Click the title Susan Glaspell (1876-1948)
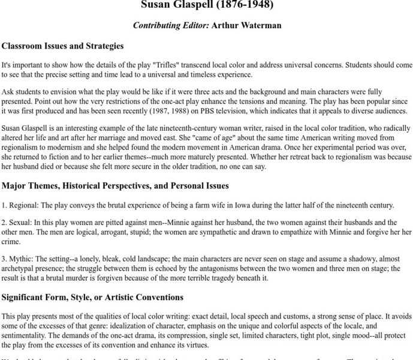pyautogui.click(x=207, y=5)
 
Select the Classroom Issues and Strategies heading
pyautogui.click(x=63, y=46)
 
